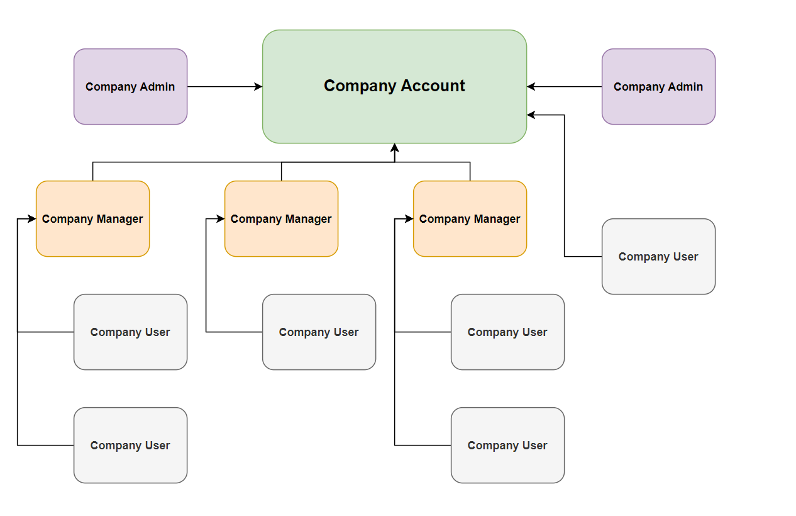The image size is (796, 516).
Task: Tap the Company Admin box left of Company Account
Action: point(130,87)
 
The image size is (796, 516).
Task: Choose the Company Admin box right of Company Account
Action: point(658,87)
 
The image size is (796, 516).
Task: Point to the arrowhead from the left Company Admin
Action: point(258,87)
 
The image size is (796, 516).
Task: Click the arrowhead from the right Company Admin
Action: point(531,87)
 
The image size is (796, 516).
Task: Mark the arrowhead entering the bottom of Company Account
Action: point(394,148)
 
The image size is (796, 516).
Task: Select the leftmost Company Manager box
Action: point(92,219)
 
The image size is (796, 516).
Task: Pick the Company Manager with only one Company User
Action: point(281,219)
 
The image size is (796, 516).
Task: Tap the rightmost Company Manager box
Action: point(470,219)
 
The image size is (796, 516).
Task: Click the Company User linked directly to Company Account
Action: point(658,257)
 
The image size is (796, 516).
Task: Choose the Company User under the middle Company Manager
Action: point(319,332)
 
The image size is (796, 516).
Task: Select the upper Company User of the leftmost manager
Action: point(130,332)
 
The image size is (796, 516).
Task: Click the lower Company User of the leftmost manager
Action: point(130,446)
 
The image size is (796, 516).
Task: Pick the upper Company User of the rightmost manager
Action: point(507,332)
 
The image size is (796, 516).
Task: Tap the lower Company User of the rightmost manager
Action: point(507,446)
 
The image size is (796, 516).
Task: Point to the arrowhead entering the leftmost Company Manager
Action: point(32,219)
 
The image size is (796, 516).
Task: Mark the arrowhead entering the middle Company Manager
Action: point(221,219)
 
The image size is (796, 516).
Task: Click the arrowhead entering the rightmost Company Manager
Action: point(409,219)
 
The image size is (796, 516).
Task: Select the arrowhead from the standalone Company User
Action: point(531,115)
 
